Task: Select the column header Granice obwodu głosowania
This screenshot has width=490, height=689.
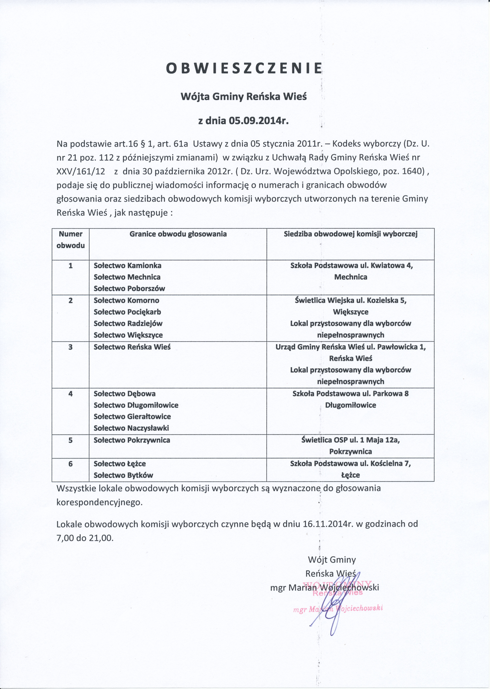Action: click(178, 234)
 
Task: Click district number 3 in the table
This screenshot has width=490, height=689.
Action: click(71, 347)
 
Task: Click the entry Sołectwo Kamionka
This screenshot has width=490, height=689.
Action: click(128, 266)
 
